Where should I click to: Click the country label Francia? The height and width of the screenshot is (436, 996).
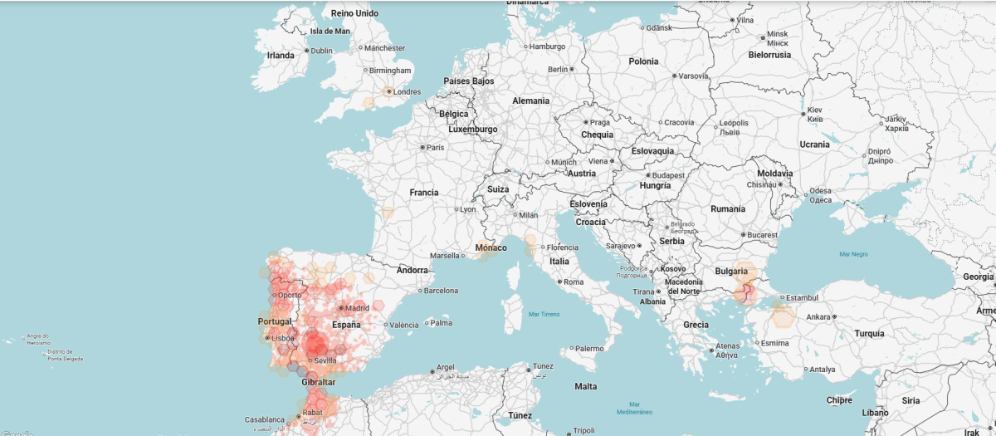(x=423, y=193)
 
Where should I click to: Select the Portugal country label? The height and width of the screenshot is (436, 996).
(x=275, y=321)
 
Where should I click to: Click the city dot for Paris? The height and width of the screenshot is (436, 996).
(x=423, y=147)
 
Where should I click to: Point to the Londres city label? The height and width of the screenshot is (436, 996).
(x=407, y=92)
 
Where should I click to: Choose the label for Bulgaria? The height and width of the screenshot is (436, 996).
(x=730, y=272)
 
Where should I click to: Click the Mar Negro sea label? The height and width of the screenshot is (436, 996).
(x=853, y=254)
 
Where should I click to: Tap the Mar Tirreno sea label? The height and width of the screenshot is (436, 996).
(x=544, y=314)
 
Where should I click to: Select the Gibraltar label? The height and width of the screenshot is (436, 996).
(x=319, y=382)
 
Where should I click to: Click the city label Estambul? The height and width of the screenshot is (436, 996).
(x=803, y=297)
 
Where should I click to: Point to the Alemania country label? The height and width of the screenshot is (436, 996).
(x=530, y=100)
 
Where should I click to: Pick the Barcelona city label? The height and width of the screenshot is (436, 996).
(x=441, y=291)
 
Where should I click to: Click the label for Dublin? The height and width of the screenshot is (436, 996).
(x=321, y=51)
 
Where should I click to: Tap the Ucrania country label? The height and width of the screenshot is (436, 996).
(x=814, y=145)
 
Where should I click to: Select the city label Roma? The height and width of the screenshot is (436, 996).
(x=574, y=282)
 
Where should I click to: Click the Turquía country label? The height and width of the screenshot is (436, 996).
(x=869, y=333)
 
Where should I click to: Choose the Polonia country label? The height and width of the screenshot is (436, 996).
(x=643, y=61)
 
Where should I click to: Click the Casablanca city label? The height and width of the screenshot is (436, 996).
(x=266, y=419)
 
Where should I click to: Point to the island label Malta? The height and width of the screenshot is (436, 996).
(x=585, y=387)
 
